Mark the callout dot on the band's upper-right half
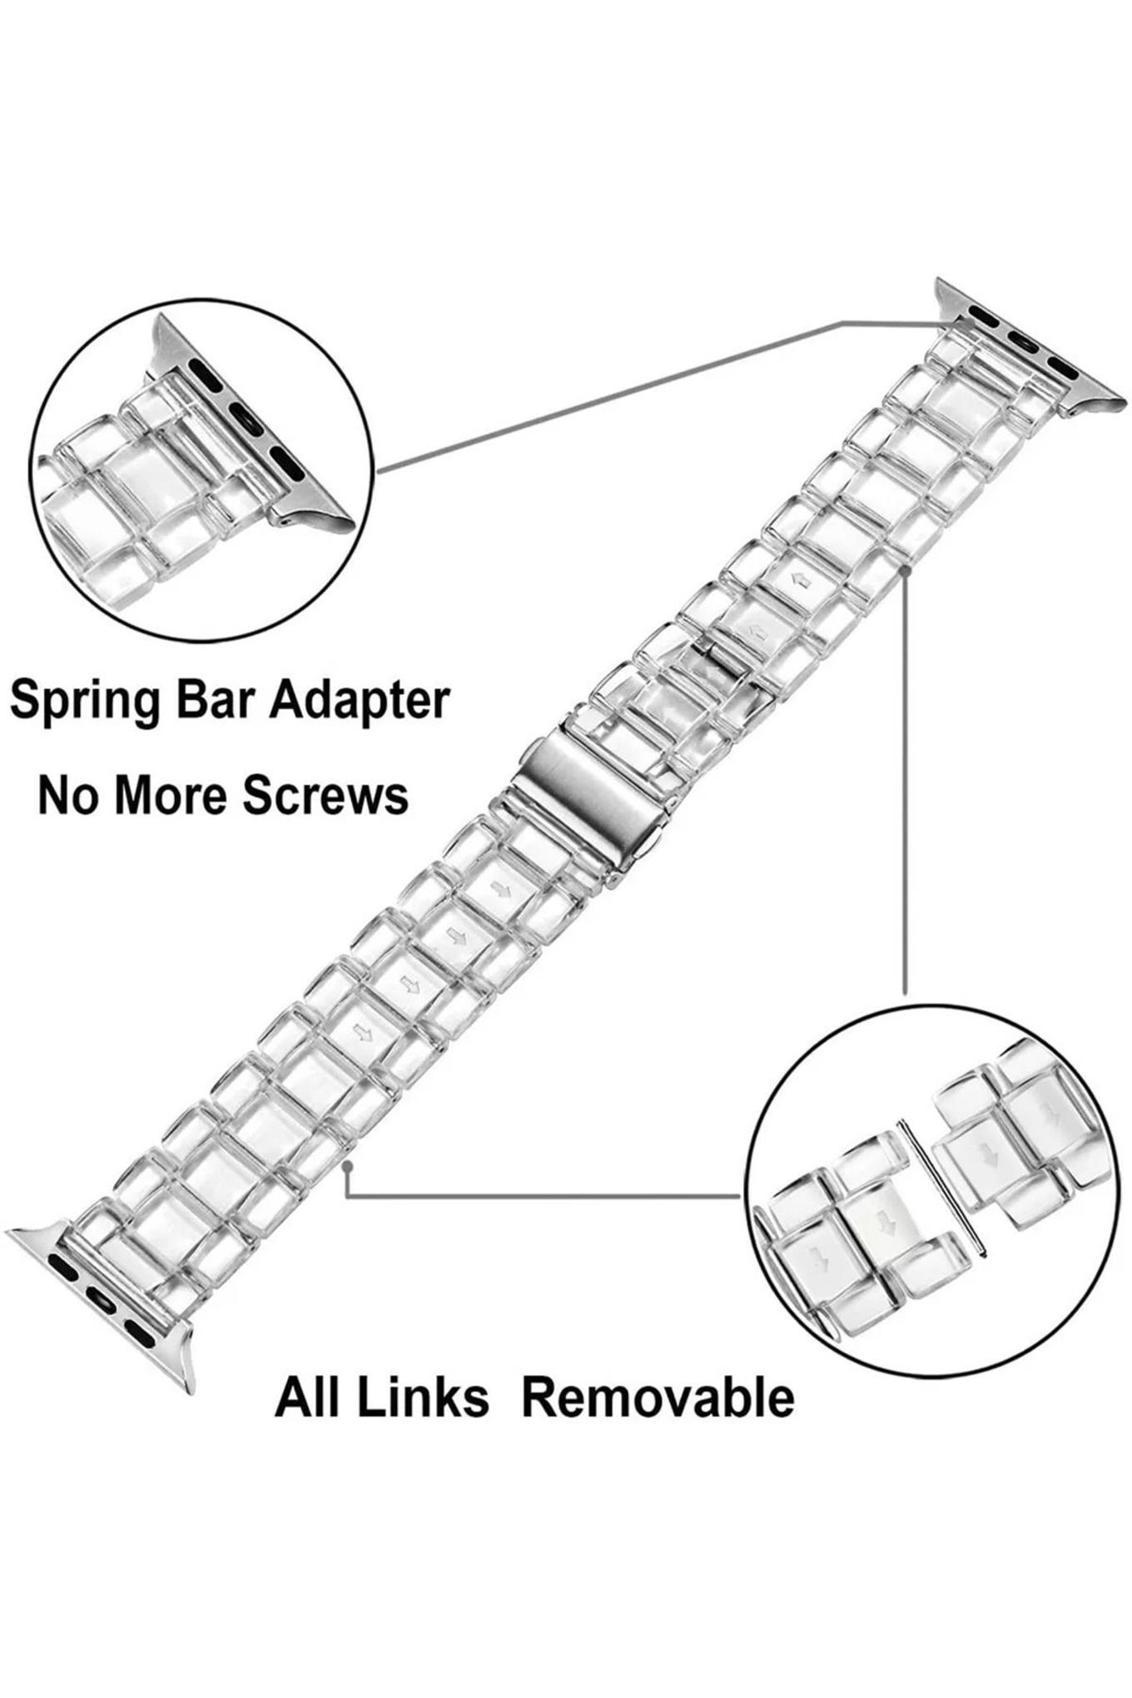[x=906, y=571]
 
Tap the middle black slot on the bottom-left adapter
[x=101, y=1300]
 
